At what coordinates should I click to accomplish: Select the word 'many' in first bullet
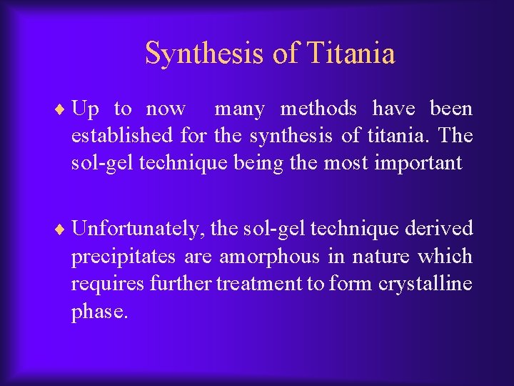pyautogui.click(x=239, y=109)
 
